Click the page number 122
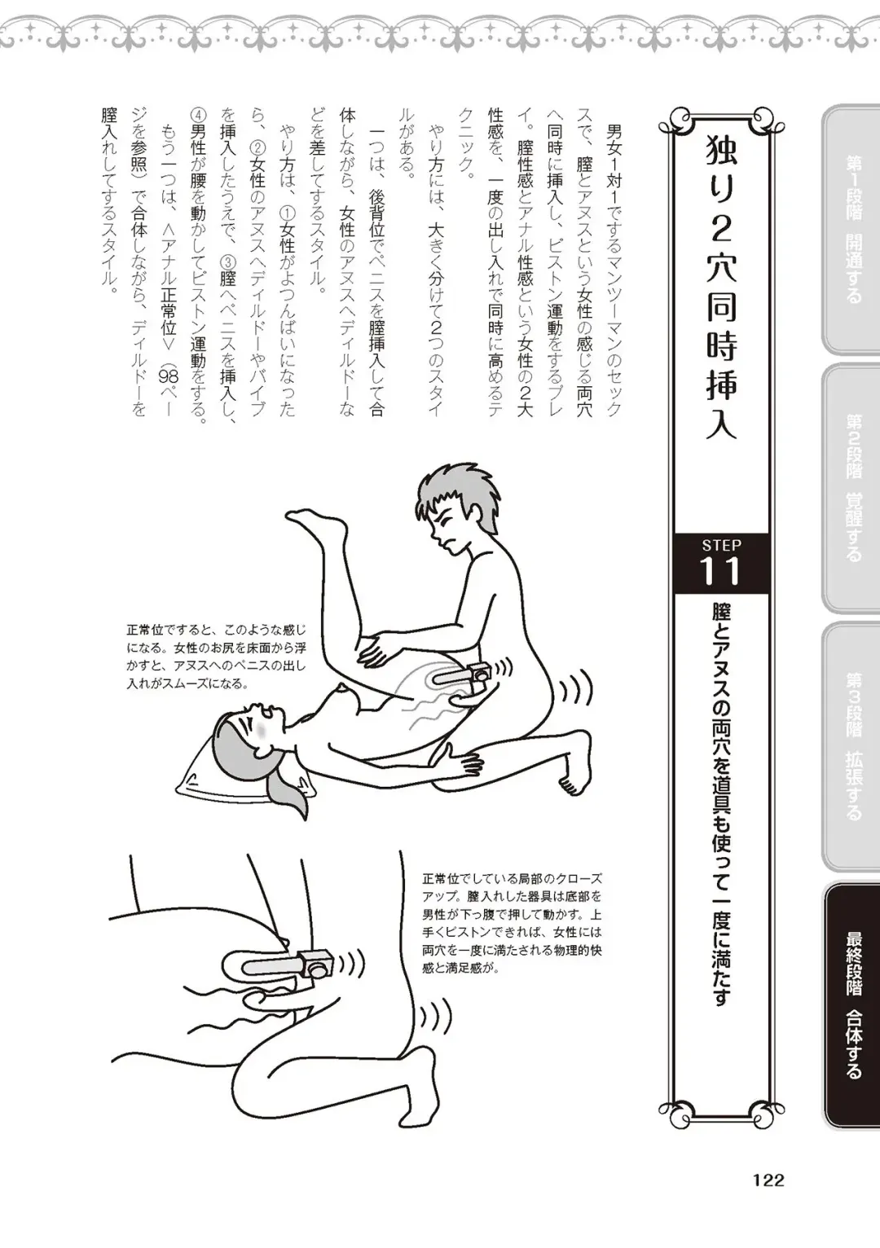[x=768, y=1180]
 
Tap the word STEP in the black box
[x=721, y=545]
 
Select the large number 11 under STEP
[x=721, y=572]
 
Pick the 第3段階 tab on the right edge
[x=852, y=746]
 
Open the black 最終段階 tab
[x=852, y=1005]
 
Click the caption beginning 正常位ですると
[x=216, y=657]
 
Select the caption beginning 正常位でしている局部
[x=512, y=924]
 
